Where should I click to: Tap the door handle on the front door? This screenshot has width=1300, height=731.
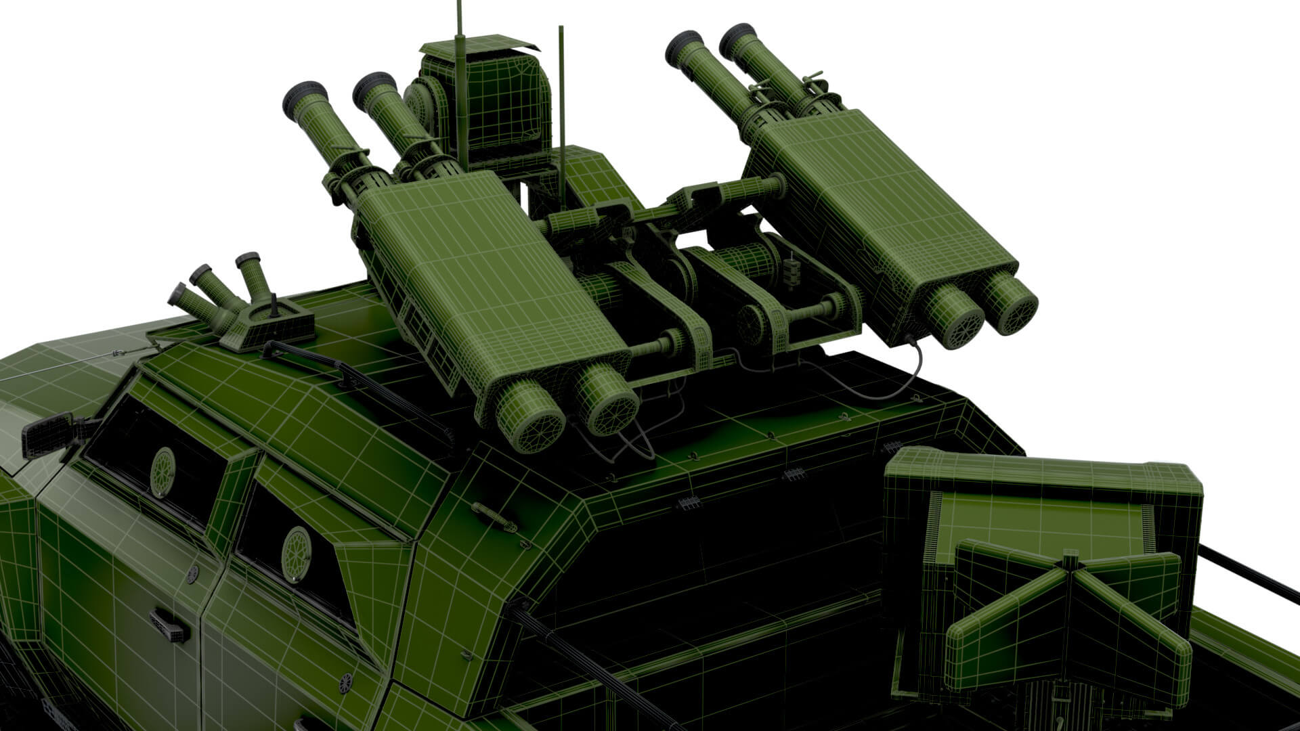coord(169,625)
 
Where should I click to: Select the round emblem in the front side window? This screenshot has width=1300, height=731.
coord(163,472)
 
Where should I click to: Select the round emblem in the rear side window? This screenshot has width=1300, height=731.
coord(296,554)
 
